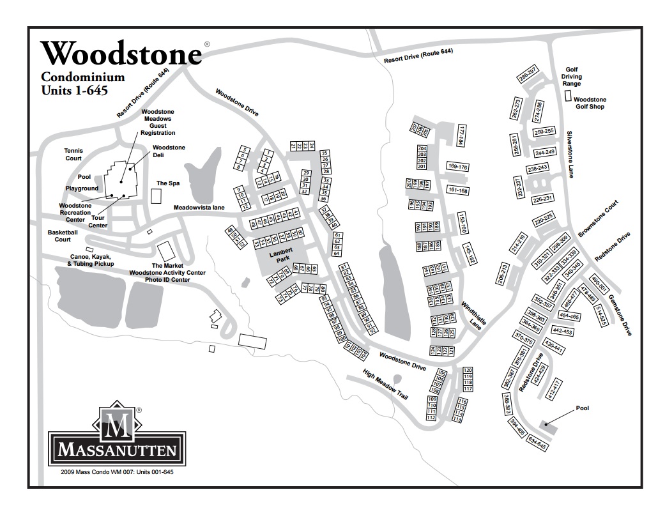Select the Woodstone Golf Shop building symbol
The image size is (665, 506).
[568, 96]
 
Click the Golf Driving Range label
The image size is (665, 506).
[572, 77]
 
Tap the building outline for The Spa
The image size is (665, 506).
[157, 196]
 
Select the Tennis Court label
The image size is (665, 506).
[74, 154]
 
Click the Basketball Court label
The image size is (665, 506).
[63, 236]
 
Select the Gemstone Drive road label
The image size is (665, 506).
[620, 315]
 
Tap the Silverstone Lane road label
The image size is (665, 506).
[570, 154]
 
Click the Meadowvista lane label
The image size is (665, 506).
[199, 208]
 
